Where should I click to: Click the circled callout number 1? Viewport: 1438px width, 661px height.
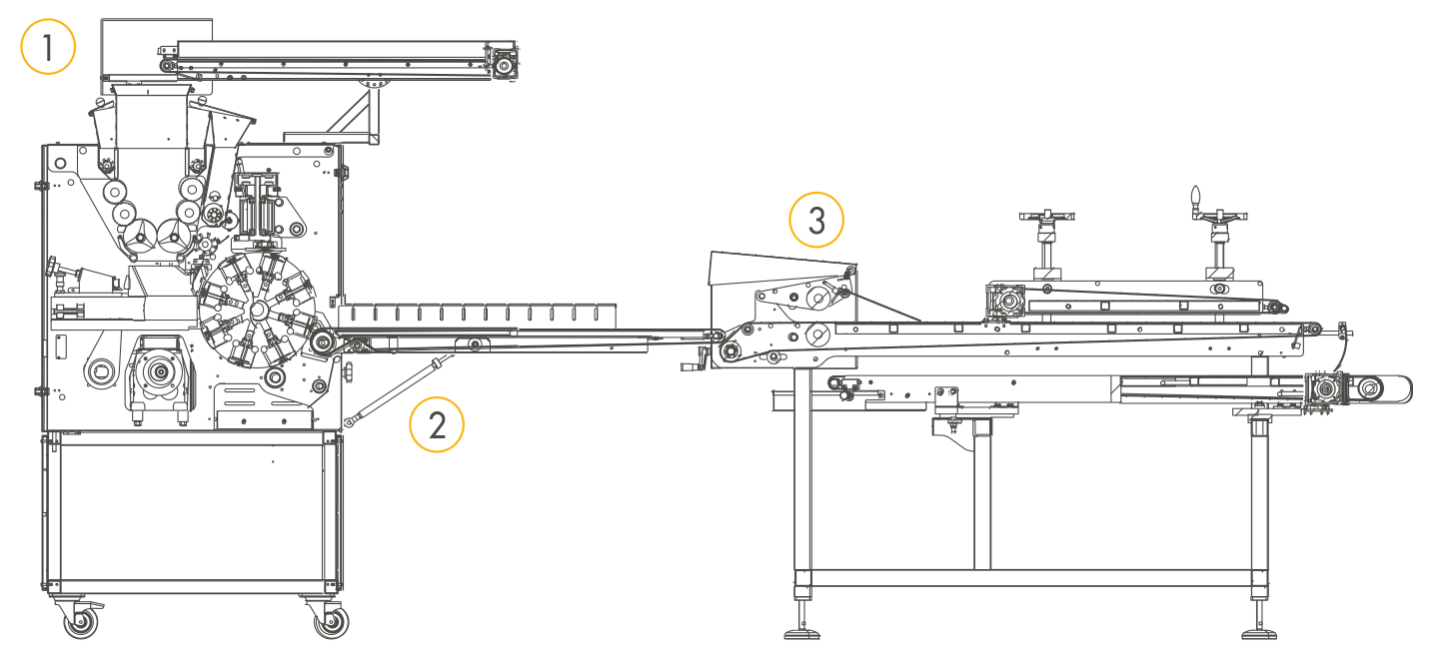48,47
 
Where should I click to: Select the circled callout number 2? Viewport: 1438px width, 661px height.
437,424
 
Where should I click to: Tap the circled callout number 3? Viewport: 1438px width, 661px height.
816,221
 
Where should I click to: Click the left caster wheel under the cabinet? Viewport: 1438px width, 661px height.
80,623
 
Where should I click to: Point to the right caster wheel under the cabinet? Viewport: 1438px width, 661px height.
330,623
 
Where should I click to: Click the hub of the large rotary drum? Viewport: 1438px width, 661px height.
258,311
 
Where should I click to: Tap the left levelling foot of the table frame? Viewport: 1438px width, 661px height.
801,631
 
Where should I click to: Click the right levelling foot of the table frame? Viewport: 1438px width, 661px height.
1257,631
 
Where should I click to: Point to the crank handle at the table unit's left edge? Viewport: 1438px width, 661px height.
693,365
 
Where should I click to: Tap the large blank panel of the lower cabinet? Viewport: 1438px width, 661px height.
190,509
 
